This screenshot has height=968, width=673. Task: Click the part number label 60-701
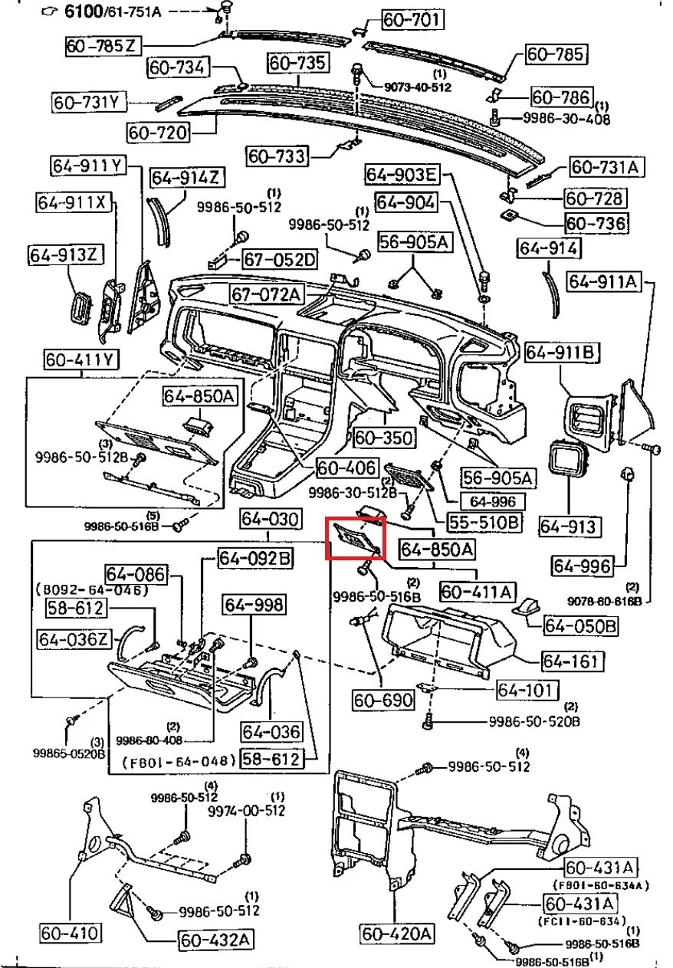(x=412, y=20)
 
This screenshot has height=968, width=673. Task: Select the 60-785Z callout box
(x=101, y=47)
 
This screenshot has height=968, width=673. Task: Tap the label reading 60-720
(x=158, y=133)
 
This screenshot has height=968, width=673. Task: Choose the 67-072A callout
(x=267, y=294)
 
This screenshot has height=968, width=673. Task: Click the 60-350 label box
(x=384, y=438)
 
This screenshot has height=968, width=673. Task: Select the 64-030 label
(x=268, y=520)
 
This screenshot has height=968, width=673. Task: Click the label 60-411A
(x=478, y=592)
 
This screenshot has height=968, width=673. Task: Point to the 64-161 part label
(x=572, y=661)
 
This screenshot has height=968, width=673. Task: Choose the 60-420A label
(x=397, y=934)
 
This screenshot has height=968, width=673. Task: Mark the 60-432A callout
(x=217, y=940)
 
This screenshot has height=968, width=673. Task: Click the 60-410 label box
(x=71, y=934)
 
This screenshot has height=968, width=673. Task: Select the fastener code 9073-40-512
(x=417, y=87)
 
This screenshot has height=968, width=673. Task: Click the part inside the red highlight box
(x=355, y=538)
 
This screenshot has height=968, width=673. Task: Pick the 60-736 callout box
(x=596, y=224)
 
